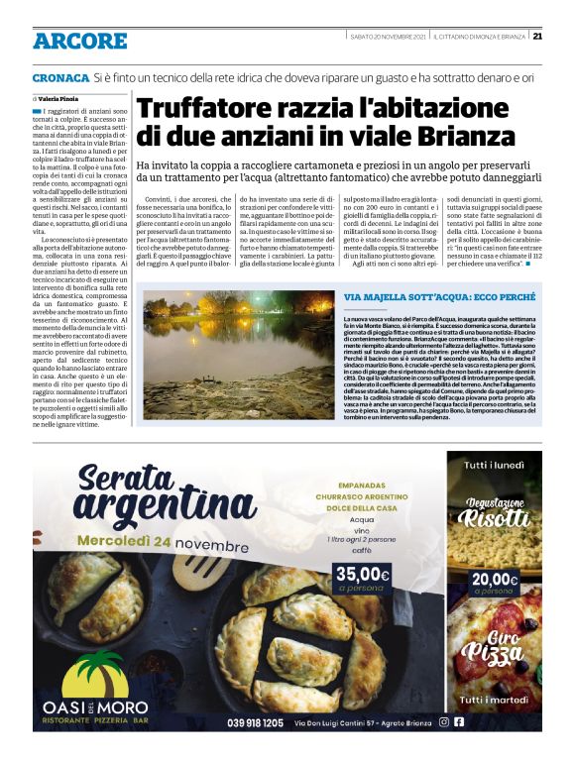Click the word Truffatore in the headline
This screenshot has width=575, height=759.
[x=202, y=109]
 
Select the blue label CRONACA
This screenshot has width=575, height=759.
[x=59, y=77]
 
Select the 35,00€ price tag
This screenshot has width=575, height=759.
[x=362, y=574]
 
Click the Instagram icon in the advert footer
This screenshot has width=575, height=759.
[x=443, y=722]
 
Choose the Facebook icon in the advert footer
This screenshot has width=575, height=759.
[x=459, y=722]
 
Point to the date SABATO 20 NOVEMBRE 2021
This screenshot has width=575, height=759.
[x=386, y=37]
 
